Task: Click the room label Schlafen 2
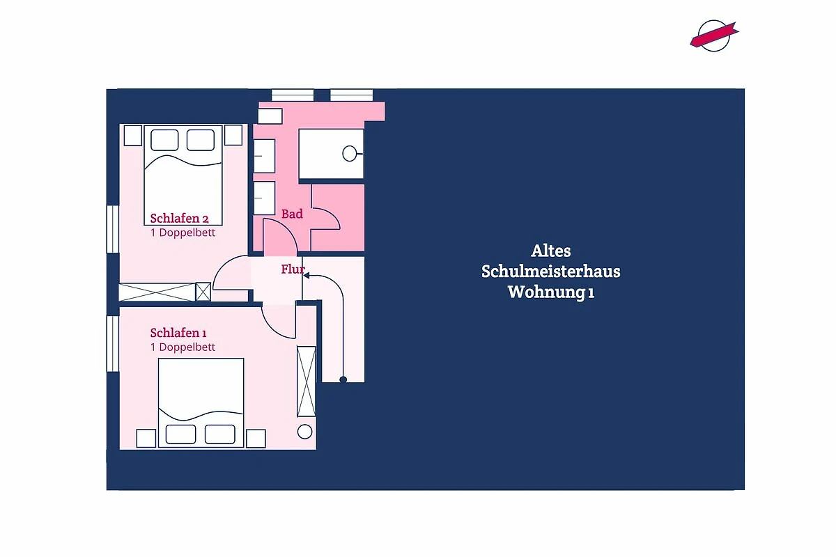click(x=179, y=218)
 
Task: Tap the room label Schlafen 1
click(x=178, y=333)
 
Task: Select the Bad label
click(x=292, y=214)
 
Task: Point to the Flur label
click(x=293, y=269)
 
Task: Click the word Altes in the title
click(x=551, y=251)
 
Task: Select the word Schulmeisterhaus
click(x=550, y=272)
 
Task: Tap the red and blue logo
click(x=714, y=36)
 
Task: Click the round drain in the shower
click(x=349, y=154)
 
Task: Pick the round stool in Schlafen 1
click(x=304, y=432)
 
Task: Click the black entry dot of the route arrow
click(x=343, y=379)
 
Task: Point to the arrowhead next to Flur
click(x=306, y=275)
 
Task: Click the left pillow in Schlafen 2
click(x=164, y=140)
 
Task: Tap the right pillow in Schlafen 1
click(x=220, y=434)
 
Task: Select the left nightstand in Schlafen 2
click(x=132, y=135)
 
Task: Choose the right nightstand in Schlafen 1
click(x=256, y=439)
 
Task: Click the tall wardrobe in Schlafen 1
click(x=306, y=382)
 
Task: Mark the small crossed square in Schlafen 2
click(x=203, y=292)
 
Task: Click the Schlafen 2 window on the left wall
click(x=113, y=229)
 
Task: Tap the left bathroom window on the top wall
click(x=293, y=95)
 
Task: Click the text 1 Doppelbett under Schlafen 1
click(x=183, y=347)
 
